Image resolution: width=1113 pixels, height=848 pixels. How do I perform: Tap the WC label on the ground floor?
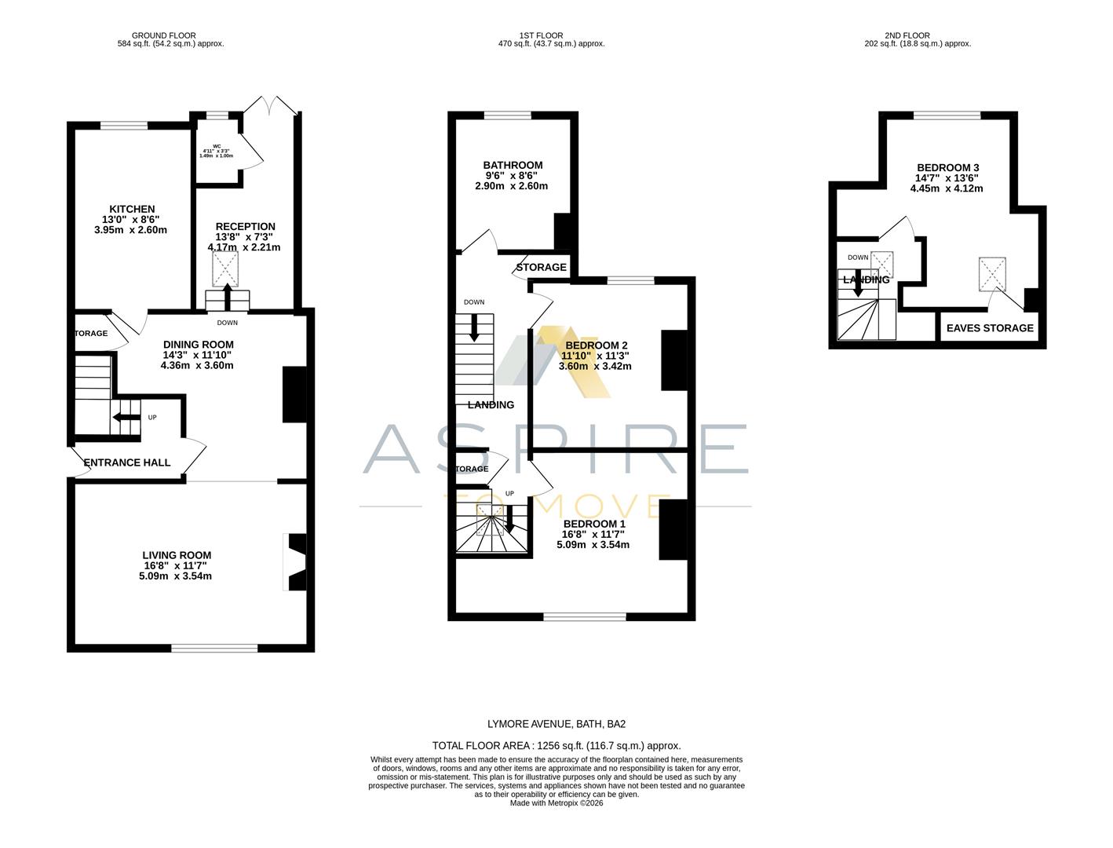[x=216, y=145]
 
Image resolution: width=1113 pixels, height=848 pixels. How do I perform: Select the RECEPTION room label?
[x=245, y=227]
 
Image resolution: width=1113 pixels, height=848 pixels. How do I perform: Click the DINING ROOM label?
[x=198, y=345]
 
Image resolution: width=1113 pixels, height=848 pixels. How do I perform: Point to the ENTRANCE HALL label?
[x=127, y=462]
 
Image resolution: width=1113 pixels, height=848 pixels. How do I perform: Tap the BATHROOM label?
[x=512, y=166]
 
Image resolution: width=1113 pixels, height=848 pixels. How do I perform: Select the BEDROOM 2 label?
[x=596, y=345]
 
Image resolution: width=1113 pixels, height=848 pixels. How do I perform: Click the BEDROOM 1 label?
[x=594, y=524]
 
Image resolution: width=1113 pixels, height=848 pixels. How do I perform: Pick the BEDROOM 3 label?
[x=947, y=168]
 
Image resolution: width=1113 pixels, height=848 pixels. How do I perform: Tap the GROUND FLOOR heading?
[x=164, y=35]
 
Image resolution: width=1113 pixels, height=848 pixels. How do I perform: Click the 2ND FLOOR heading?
[x=907, y=35]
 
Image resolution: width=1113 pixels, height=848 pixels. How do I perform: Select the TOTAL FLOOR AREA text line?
[x=556, y=746]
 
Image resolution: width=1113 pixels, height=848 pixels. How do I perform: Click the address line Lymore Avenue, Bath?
[x=556, y=724]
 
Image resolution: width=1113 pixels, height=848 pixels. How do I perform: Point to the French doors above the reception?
[x=269, y=105]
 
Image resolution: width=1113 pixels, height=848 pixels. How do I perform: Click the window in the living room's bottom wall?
[x=214, y=648]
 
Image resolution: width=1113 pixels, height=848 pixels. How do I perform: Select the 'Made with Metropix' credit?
[x=556, y=802]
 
